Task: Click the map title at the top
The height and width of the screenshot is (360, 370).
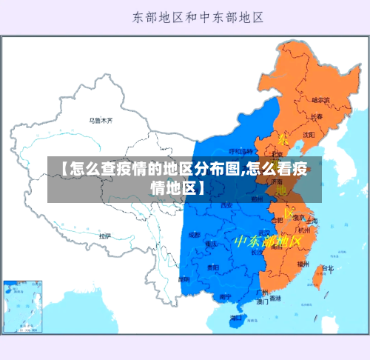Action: point(198,16)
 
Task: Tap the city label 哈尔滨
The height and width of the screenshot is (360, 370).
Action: point(320,99)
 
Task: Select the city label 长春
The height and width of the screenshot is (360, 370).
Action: point(316,116)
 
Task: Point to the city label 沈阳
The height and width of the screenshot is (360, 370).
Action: point(308,134)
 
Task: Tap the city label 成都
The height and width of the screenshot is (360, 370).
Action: point(195,235)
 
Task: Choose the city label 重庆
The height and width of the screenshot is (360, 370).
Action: point(212,244)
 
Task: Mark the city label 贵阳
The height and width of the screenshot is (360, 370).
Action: point(212,267)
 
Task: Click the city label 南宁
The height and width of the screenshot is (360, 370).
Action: point(225,296)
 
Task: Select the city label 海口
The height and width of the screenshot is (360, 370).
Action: point(235,317)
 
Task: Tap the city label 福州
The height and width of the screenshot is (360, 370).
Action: point(303,263)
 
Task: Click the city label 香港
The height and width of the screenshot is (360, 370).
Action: point(275,299)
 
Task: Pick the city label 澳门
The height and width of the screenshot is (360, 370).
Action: point(262,301)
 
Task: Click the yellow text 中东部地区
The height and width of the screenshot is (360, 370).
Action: point(268,241)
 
